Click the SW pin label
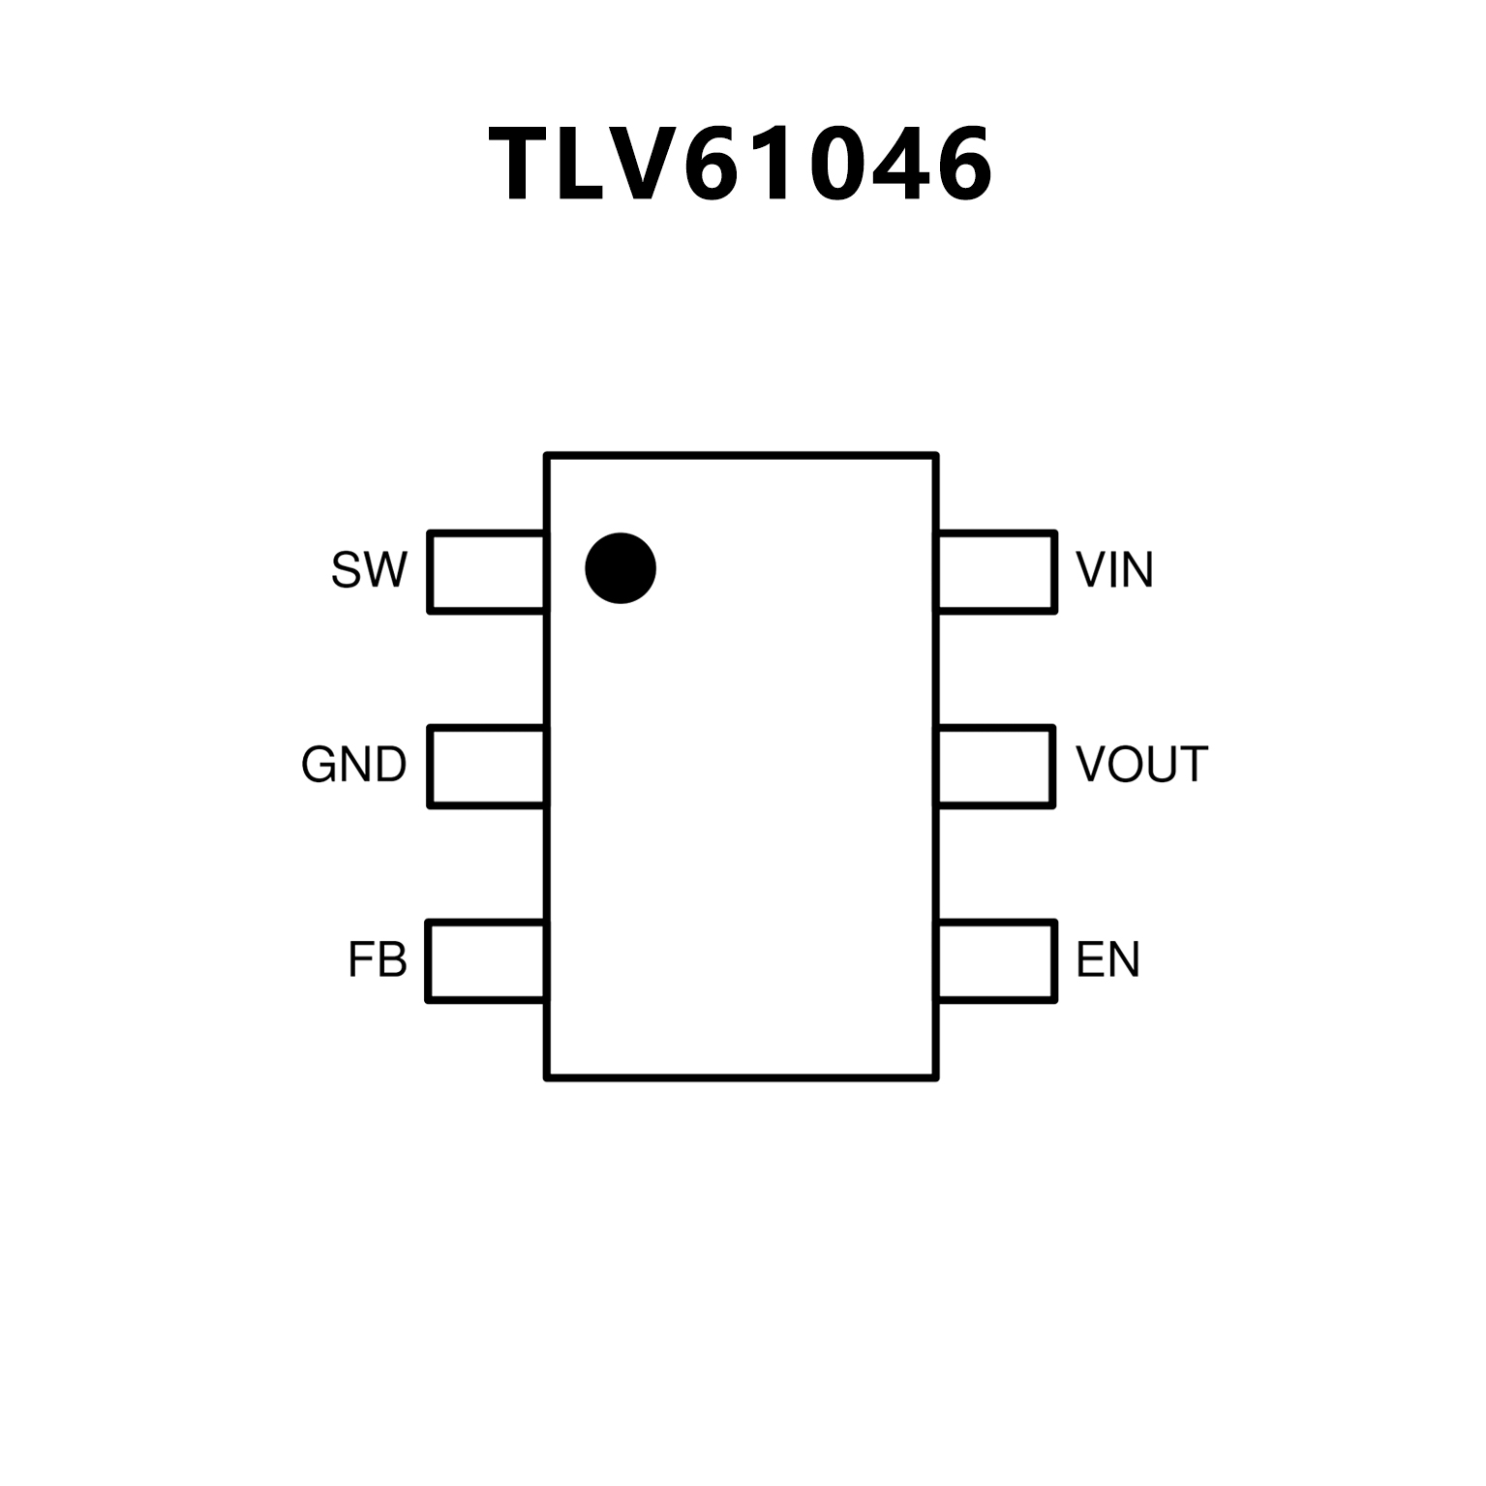coord(369,570)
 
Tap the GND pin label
coord(353,765)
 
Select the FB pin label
coord(378,959)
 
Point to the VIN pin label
coord(1114,570)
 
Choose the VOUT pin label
coord(1141,765)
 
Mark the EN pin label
coord(1107,959)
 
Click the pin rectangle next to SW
coord(487,571)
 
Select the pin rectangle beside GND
coord(487,766)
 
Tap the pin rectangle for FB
coord(486,960)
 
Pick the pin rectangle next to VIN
coord(996,571)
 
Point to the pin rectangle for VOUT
coord(995,766)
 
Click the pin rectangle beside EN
coord(996,960)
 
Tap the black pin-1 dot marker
coord(621,568)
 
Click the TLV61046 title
coord(742,165)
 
